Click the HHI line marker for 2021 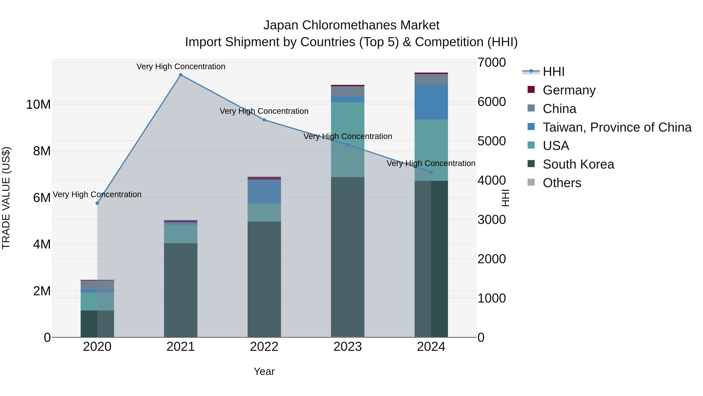click(x=181, y=75)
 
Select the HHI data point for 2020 click(x=97, y=203)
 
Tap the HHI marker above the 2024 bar click(x=431, y=172)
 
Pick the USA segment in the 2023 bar click(x=348, y=139)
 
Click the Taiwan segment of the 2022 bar click(x=264, y=191)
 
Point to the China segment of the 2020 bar click(x=97, y=285)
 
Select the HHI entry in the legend click(x=553, y=72)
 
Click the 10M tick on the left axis click(x=38, y=104)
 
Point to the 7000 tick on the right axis click(x=492, y=62)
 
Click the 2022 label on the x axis click(x=264, y=347)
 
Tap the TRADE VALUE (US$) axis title click(x=6, y=198)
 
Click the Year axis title click(x=264, y=371)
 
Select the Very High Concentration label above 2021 click(x=181, y=66)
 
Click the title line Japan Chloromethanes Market click(x=351, y=25)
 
